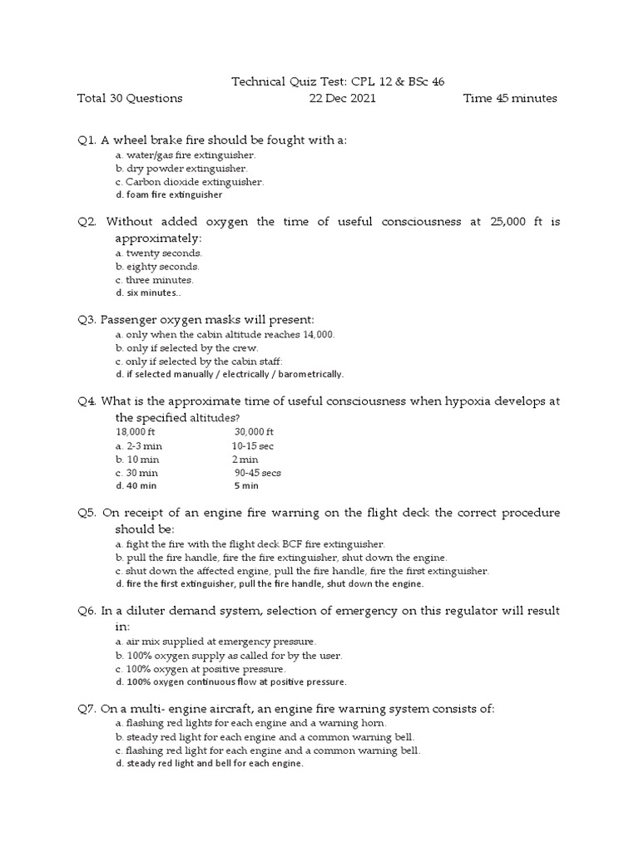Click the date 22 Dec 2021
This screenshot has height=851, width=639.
342,98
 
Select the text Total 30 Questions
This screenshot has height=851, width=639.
129,98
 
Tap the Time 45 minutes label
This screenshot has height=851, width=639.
510,98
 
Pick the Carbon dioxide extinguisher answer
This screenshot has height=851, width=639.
190,181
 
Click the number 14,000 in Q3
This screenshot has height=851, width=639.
317,334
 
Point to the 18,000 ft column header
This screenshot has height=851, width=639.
135,432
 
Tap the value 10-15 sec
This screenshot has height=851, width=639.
252,445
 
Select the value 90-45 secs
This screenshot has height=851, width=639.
257,472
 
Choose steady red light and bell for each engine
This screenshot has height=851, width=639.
210,764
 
